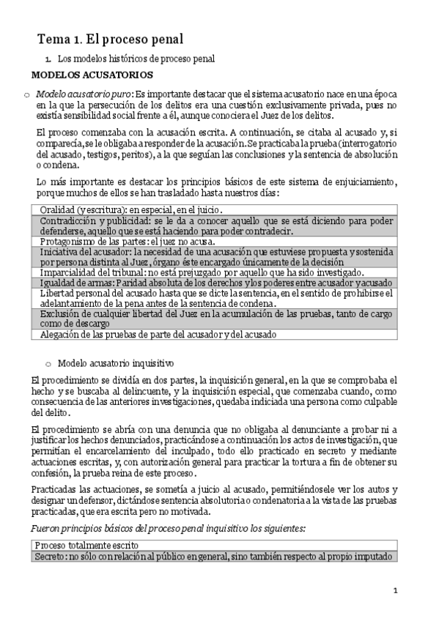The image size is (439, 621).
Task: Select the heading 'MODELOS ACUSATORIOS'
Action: coord(92,75)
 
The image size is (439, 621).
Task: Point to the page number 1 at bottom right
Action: coord(395,590)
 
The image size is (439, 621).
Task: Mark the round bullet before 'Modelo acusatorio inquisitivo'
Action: coord(48,363)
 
